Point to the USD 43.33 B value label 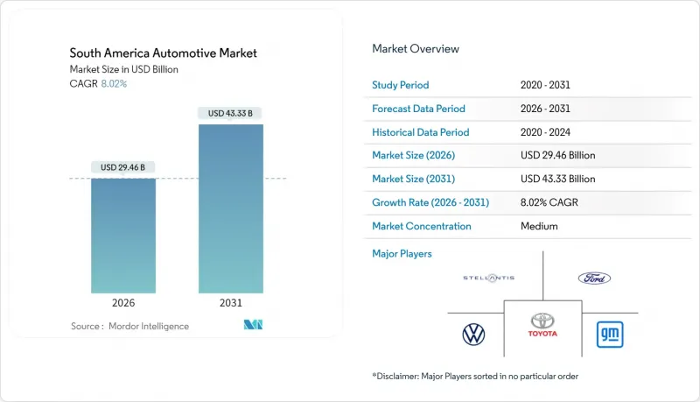pos(231,113)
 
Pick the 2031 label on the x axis pos(231,304)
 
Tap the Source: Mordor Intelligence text pos(129,327)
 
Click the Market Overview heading pos(416,49)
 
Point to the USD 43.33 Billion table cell pos(557,180)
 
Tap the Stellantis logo pos(488,278)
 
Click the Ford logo pos(594,278)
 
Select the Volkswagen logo pos(472,334)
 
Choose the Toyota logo pos(543,327)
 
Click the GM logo pos(609,334)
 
